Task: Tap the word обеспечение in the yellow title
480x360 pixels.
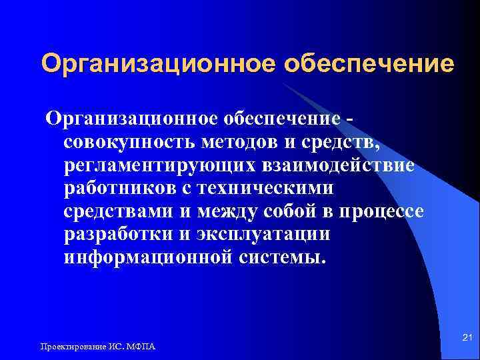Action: point(369,65)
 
